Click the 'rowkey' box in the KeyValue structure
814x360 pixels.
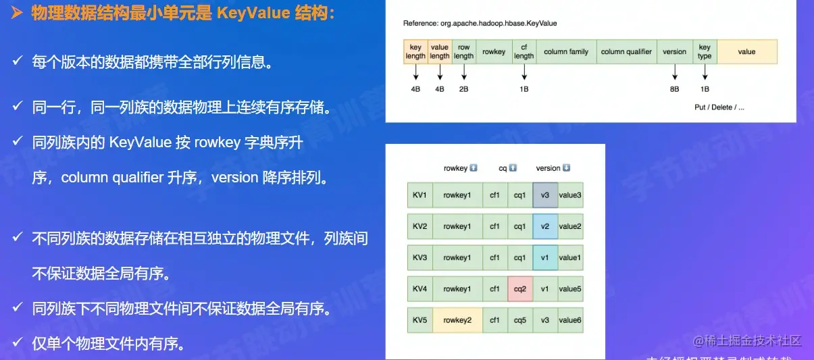pos(494,52)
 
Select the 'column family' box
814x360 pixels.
pos(565,52)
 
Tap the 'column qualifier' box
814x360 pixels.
pos(626,52)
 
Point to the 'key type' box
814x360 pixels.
pos(705,52)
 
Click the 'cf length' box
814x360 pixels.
pos(524,52)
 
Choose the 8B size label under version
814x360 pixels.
pos(674,88)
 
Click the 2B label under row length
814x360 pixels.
pos(463,88)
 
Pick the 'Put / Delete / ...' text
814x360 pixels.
pos(719,107)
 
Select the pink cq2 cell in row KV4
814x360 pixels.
pos(519,288)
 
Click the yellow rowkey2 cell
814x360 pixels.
pos(457,320)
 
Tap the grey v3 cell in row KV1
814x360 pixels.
pos(545,195)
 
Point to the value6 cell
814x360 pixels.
pos(569,320)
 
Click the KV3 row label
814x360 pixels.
pos(419,257)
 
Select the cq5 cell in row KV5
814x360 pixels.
pos(519,320)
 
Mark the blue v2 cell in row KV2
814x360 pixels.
pos(545,226)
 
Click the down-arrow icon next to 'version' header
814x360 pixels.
pos(566,168)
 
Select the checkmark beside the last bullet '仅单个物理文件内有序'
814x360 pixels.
pos(18,343)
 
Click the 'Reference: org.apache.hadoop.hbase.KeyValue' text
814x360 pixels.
pos(480,23)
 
